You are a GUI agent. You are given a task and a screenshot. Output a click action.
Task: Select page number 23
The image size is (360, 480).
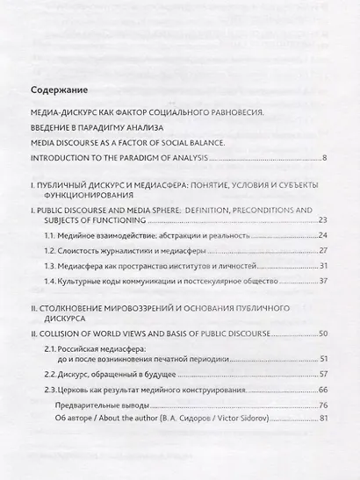322,219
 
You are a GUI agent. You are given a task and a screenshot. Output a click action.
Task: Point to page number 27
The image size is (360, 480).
322,250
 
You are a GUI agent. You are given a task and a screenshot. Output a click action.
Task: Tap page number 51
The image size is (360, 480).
322,359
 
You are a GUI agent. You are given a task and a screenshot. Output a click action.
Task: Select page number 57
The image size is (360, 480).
322,374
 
